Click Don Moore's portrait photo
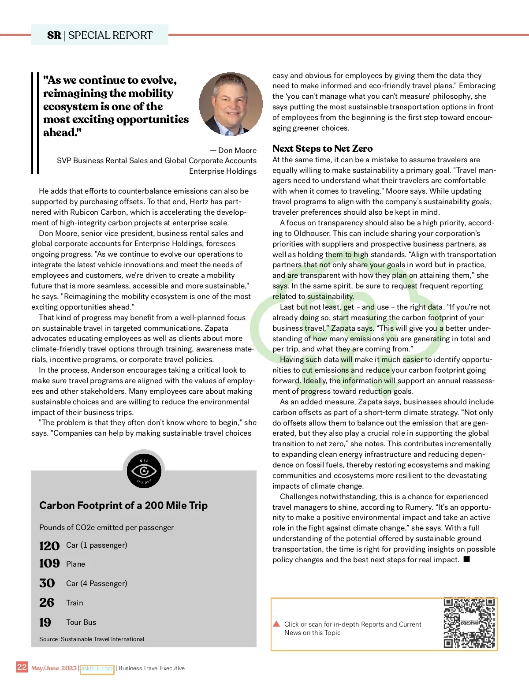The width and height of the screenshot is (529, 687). (x=231, y=104)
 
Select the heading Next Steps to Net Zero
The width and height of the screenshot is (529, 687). (x=322, y=149)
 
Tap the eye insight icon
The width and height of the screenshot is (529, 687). (x=144, y=471)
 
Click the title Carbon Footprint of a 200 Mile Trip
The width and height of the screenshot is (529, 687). (x=123, y=505)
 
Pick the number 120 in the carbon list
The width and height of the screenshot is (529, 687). (x=49, y=546)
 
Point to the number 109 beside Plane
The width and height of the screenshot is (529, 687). (x=49, y=564)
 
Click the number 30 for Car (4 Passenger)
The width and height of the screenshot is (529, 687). (x=47, y=583)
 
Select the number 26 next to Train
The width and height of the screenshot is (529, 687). (x=47, y=602)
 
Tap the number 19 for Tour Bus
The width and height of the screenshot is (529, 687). (x=45, y=622)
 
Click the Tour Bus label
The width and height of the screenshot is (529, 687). (x=81, y=622)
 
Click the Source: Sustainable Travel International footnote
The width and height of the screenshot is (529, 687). (x=92, y=639)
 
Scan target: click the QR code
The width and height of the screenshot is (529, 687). (x=469, y=623)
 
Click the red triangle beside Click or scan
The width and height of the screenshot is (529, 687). (x=276, y=624)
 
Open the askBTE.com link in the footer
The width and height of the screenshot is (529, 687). (x=97, y=668)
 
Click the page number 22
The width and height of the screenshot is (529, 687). (x=22, y=667)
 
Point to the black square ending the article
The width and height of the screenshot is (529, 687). (x=467, y=559)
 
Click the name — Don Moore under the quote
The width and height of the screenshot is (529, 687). (x=233, y=150)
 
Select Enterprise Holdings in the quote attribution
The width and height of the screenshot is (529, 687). (x=223, y=171)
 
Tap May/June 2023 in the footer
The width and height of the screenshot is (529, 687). (x=54, y=668)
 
